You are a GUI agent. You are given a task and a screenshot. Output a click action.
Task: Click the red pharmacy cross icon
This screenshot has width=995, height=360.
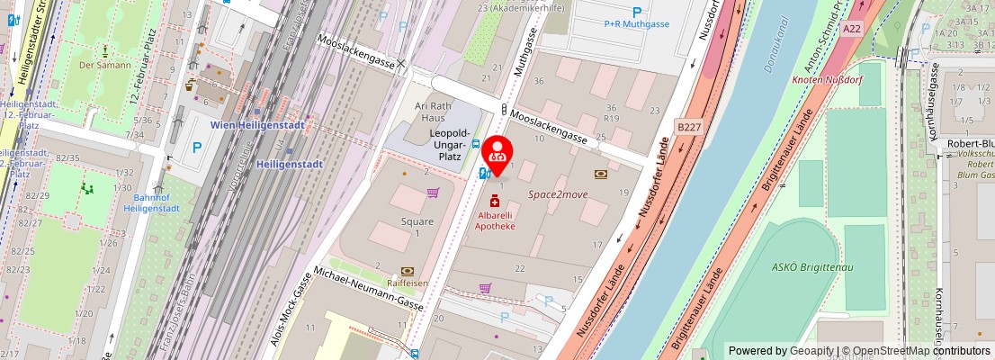point(495,203)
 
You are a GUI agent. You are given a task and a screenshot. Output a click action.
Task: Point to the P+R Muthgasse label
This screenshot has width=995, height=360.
point(637,24)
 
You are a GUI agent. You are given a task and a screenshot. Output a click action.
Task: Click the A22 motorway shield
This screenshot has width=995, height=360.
point(852,30)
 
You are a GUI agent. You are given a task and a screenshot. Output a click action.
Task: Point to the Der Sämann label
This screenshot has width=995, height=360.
point(105,65)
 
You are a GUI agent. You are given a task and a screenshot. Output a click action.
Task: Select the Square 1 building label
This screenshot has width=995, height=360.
point(417,228)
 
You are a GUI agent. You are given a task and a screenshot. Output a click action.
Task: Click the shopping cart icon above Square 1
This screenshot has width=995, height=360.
point(433,192)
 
